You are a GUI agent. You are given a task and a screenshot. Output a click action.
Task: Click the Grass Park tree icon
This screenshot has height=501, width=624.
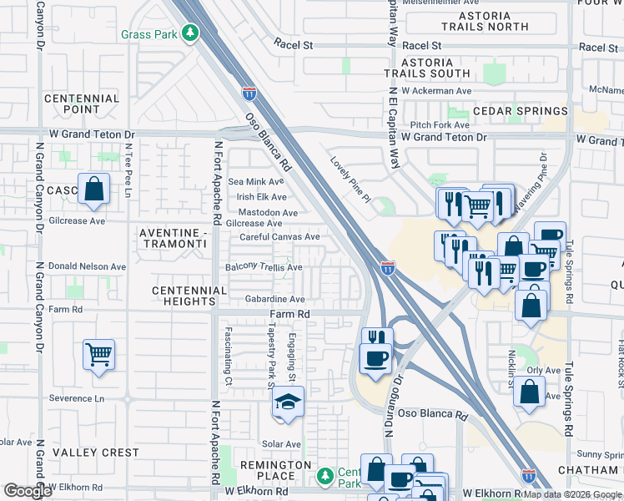[x=192, y=33]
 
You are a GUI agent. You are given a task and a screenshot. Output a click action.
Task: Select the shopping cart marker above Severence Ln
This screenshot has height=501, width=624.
[x=98, y=355]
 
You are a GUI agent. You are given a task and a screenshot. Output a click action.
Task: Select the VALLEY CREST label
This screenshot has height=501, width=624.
[x=96, y=453]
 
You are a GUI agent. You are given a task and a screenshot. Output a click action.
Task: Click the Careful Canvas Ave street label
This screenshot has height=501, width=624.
[x=279, y=237]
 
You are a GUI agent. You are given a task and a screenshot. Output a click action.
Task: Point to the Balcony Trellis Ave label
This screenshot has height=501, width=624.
[x=264, y=267]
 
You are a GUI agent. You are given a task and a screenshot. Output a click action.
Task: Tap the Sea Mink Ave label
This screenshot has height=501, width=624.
[x=256, y=181]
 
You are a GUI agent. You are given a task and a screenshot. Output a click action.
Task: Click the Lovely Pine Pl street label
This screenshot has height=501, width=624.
[x=350, y=180]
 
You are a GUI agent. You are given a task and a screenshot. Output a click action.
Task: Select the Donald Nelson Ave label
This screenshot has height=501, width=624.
[x=87, y=266]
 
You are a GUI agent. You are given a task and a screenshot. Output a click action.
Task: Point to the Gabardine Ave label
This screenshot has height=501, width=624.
[x=274, y=298]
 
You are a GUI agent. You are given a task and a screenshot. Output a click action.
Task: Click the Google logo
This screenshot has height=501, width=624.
[x=28, y=491]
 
